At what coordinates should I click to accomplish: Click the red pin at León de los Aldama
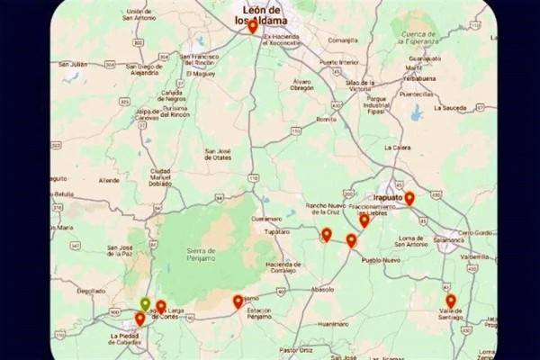[x=253, y=27]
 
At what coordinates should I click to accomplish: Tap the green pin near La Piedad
[x=145, y=304]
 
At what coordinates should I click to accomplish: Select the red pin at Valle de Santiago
[x=451, y=301]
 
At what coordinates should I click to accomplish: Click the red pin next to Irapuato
[x=409, y=199]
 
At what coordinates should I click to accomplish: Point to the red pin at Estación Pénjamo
[x=238, y=302]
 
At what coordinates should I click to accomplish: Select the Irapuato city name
[x=387, y=195]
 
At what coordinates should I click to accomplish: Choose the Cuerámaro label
[x=266, y=219]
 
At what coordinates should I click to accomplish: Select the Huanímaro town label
[x=332, y=322]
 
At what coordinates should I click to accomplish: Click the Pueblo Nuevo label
[x=380, y=260]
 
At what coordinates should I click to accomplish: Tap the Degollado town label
[x=91, y=291]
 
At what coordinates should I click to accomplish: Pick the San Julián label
[x=73, y=64]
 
